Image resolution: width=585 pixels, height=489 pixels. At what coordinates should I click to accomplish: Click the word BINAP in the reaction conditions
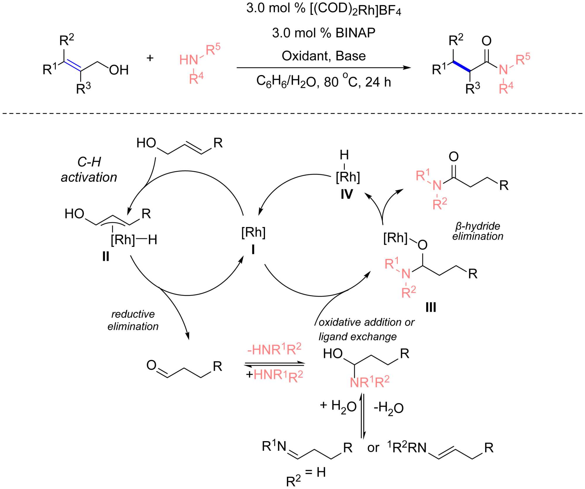[x=355, y=33]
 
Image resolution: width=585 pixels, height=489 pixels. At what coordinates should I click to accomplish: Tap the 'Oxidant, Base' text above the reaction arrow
[x=324, y=56]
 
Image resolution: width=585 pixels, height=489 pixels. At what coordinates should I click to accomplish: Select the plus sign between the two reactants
[x=150, y=58]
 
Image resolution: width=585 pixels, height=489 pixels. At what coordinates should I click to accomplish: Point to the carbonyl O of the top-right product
[x=486, y=41]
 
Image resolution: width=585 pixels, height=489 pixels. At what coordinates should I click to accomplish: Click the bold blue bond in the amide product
[x=462, y=66]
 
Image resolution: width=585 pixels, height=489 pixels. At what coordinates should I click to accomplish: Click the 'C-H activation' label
[x=89, y=170]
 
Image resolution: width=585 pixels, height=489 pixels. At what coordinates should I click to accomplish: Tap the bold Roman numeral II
[x=106, y=256]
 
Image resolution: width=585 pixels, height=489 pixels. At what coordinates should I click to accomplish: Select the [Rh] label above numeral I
[x=253, y=233]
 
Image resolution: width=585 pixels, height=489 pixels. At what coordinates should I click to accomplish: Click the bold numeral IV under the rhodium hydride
[x=347, y=194]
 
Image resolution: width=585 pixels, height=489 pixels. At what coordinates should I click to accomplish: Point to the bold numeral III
[x=431, y=307]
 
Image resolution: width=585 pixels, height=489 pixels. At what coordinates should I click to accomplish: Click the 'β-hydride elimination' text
[x=478, y=231]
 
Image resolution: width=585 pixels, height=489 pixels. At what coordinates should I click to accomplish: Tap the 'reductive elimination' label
[x=133, y=320]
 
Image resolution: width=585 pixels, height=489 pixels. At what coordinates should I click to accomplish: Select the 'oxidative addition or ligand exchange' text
[x=363, y=329]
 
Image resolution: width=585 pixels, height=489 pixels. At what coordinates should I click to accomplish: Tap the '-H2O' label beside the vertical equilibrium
[x=389, y=407]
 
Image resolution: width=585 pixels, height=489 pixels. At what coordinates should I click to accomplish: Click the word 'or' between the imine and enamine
[x=373, y=448]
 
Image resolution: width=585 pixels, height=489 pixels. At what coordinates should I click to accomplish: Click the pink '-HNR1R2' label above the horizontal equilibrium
[x=274, y=349]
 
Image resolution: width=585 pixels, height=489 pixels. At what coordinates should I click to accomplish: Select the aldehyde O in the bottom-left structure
[x=152, y=365]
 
